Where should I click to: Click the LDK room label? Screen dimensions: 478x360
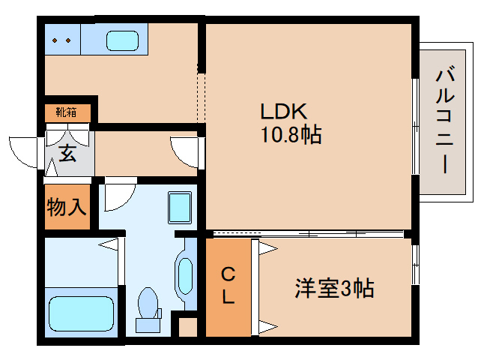tap(283, 111)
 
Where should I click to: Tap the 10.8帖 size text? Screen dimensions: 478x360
tap(291, 134)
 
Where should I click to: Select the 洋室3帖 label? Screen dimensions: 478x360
tap(334, 288)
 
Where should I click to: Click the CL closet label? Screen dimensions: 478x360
tap(228, 285)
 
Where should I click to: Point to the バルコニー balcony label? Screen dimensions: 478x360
tap(445, 121)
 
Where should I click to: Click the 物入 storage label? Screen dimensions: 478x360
tap(67, 207)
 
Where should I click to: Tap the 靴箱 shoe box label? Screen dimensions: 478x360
tap(66, 112)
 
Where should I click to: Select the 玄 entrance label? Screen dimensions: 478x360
tap(67, 154)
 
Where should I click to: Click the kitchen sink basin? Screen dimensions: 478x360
tap(123, 40)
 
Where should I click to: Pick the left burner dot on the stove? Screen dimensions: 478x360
tap(55, 40)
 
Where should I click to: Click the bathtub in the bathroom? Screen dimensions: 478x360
tap(81, 313)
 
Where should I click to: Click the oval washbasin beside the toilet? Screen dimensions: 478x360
tap(185, 276)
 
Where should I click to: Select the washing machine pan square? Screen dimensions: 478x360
tap(180, 208)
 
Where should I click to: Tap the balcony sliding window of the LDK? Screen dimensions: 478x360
tap(415, 127)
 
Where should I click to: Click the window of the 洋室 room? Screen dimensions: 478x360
tap(415, 265)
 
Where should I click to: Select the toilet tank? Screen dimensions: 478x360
tap(148, 325)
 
